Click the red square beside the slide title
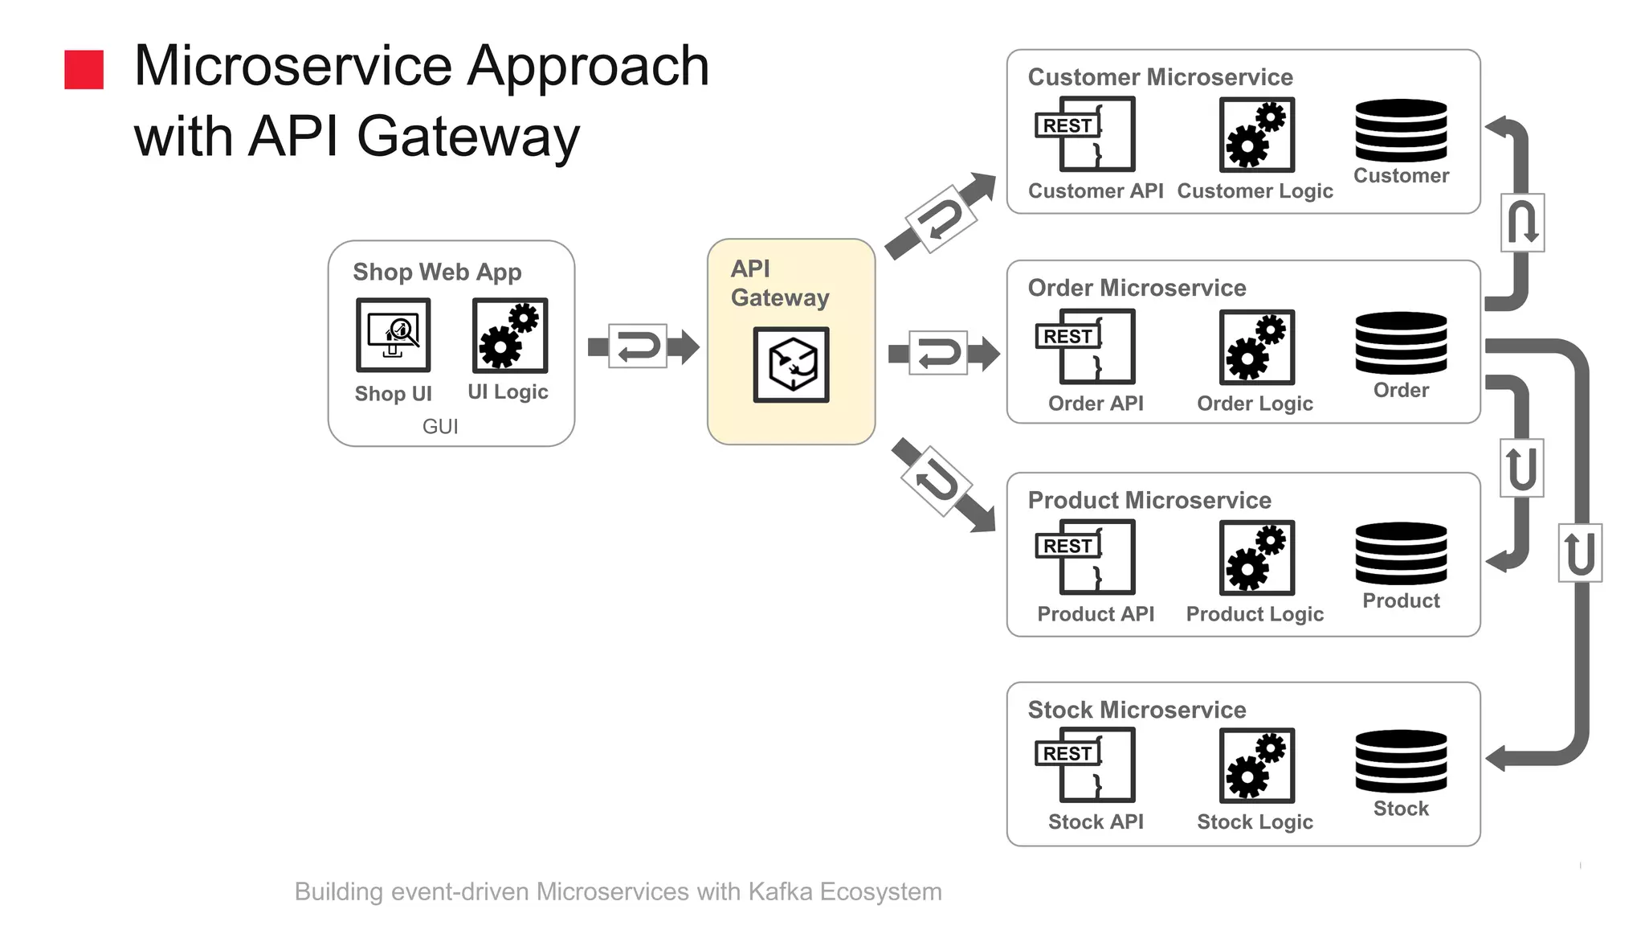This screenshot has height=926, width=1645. point(84,69)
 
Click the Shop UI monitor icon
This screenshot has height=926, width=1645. point(393,334)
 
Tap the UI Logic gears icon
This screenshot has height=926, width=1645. point(509,335)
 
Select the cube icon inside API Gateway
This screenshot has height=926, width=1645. point(791,364)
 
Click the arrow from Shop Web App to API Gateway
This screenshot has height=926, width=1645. point(642,346)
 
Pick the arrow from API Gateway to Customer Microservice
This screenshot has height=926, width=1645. point(941,216)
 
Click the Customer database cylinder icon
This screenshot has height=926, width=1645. point(1401,130)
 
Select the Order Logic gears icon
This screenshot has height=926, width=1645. point(1256,346)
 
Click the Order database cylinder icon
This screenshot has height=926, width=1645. point(1401,342)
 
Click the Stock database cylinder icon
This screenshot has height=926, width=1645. point(1401,761)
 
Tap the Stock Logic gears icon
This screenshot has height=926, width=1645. point(1256,764)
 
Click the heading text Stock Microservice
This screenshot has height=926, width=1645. point(1137,710)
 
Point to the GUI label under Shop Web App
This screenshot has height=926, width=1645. point(440,426)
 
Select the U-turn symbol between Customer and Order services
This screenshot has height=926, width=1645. point(1522,223)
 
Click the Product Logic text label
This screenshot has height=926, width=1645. point(1255,614)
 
